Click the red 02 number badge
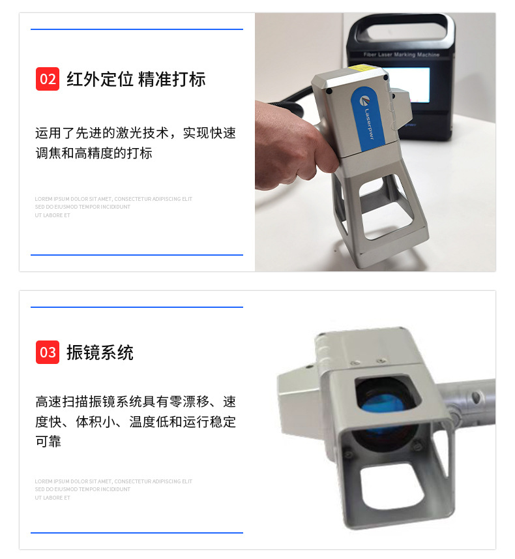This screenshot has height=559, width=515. pos(48,79)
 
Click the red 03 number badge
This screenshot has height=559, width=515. pos(48,352)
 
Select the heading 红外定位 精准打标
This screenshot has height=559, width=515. pos(136,80)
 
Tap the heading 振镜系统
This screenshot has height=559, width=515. pos(100,353)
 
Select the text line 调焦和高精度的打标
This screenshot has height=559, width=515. pos(94,154)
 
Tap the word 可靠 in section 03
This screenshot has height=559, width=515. pos(48,442)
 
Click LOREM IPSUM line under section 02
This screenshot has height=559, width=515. pos(113,199)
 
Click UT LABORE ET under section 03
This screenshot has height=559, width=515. pos(53,498)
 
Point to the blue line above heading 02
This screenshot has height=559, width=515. pos(137,29)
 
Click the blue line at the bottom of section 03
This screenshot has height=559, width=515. pos(137,533)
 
